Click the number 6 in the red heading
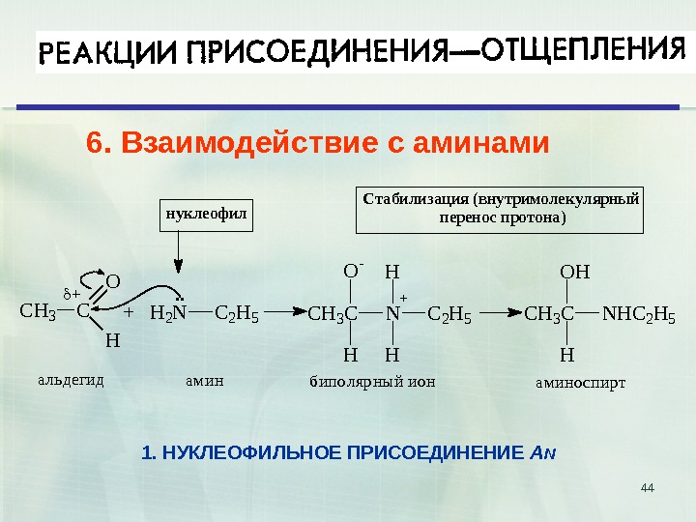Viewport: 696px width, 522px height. pyautogui.click(x=94, y=145)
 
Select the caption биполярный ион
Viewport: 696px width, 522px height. pyautogui.click(x=372, y=381)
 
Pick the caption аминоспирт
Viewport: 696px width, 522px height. pyautogui.click(x=580, y=382)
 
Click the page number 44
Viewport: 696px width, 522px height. pyautogui.click(x=648, y=484)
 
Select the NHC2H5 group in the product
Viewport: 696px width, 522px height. pyautogui.click(x=638, y=313)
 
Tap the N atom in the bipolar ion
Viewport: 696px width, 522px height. pyautogui.click(x=391, y=313)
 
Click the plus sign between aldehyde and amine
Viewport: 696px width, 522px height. pyautogui.click(x=128, y=313)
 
